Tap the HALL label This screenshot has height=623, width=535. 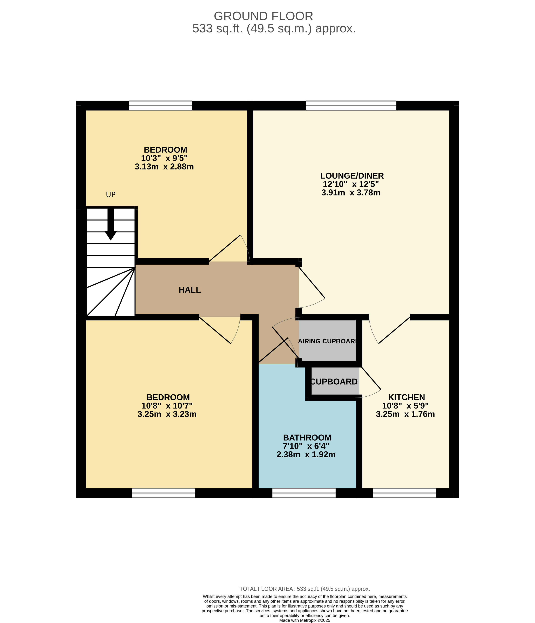coord(189,290)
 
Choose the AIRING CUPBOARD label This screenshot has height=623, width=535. coord(327,341)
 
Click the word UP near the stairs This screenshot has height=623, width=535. coord(111,195)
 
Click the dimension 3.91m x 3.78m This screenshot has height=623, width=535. coord(351,193)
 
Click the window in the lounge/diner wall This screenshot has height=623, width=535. coord(351,106)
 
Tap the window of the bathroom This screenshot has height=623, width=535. coord(304,493)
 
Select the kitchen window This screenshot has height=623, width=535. coord(404,493)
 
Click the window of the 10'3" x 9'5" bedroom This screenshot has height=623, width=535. coord(160,106)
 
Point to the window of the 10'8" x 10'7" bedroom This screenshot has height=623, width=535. coord(164,493)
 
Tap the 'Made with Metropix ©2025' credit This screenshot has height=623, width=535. coord(305,620)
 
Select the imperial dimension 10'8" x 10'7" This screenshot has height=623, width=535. coord(167,406)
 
